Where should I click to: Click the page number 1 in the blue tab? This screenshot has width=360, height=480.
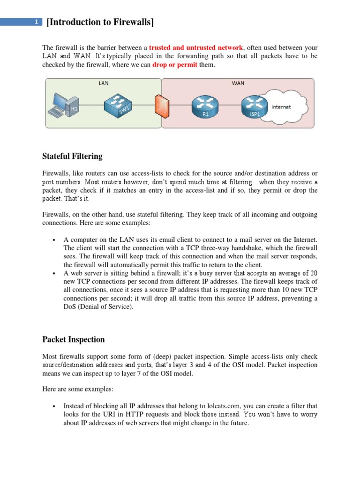click(36, 22)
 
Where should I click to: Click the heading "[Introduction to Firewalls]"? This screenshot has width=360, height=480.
click(100, 22)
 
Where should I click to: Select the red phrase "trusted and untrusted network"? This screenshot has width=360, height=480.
click(196, 47)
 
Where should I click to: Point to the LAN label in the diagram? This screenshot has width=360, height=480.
click(103, 83)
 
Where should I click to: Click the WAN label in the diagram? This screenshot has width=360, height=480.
click(238, 83)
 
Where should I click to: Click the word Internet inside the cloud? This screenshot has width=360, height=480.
click(281, 107)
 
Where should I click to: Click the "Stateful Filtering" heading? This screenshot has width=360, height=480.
click(72, 156)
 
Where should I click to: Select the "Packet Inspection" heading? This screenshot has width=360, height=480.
click(73, 339)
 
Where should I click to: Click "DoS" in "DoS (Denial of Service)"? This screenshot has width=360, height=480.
click(70, 307)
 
